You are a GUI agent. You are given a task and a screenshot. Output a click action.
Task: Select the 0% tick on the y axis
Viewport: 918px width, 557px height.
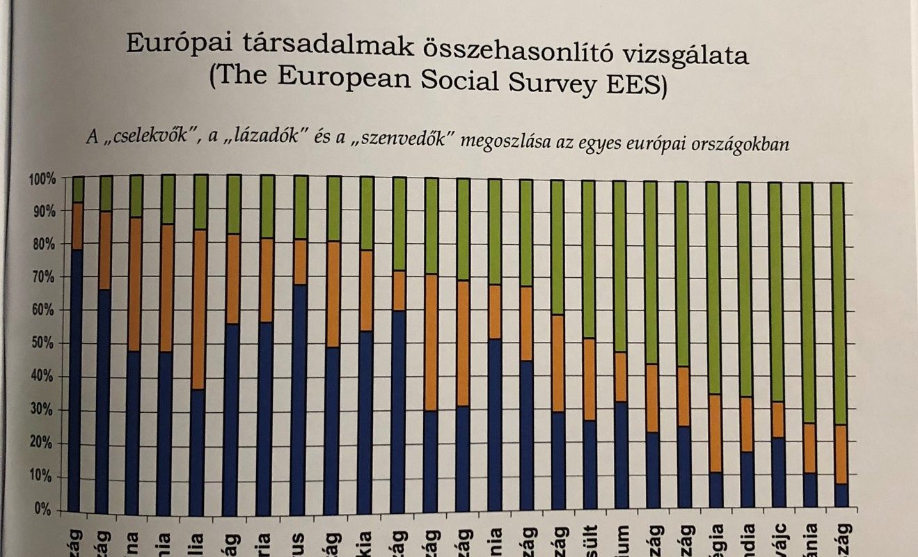pos(45,509)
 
